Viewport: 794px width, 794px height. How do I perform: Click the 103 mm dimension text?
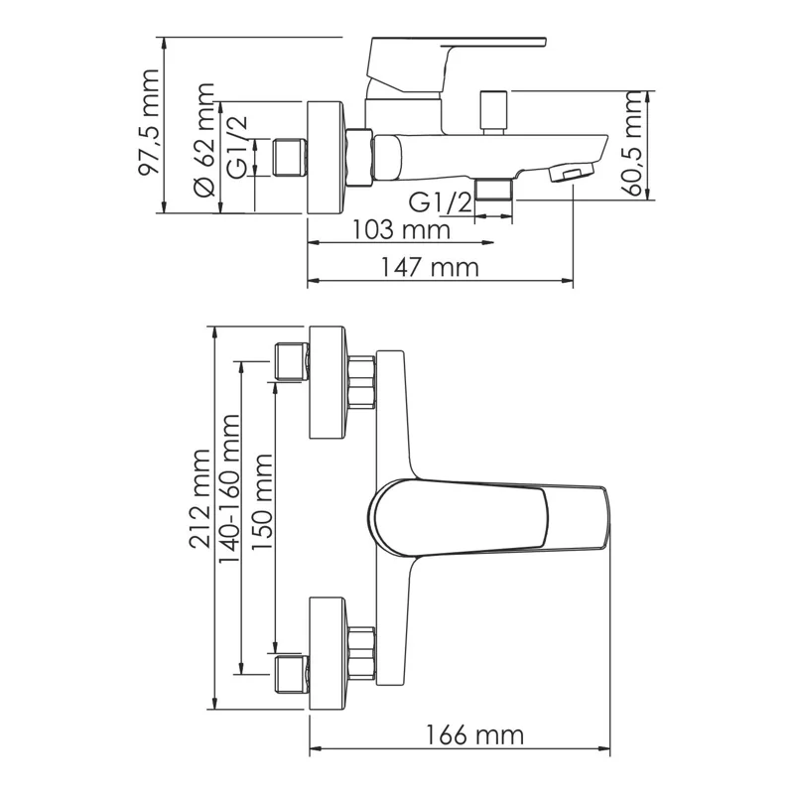click(401, 230)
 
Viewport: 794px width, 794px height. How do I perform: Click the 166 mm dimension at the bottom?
click(475, 735)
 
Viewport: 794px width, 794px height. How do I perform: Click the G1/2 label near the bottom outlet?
click(440, 202)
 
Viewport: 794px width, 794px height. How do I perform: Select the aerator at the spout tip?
click(570, 174)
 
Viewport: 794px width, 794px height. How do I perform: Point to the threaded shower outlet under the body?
click(493, 189)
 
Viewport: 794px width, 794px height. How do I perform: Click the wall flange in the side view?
click(327, 156)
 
